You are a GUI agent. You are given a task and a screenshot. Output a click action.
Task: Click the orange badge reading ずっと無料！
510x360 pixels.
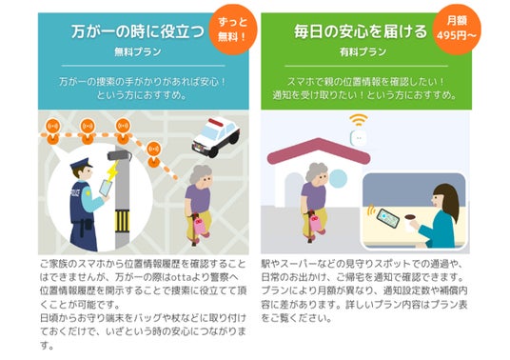pos(232,30)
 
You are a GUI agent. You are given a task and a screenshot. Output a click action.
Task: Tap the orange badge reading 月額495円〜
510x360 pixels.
pos(457,30)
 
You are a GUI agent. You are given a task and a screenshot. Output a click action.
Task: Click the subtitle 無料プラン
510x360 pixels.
pos(138,52)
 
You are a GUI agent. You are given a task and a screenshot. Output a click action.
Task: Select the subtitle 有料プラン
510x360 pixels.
pos(363,52)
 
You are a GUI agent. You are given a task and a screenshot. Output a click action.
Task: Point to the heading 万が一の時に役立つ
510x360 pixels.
pos(138,31)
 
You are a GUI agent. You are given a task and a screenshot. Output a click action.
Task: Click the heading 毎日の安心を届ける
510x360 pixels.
pos(361,31)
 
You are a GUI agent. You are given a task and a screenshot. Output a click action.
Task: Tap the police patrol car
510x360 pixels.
pos(216,137)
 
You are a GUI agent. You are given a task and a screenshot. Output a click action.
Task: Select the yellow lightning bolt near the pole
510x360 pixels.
pos(112,171)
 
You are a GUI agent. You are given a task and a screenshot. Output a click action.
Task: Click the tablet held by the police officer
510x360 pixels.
pos(105,189)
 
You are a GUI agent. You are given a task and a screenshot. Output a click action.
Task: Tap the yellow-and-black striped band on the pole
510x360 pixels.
pos(123,222)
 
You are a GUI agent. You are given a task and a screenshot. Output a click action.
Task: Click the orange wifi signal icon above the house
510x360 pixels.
pos(359,120)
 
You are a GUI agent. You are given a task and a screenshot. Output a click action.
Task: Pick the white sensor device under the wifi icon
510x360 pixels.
pos(358,138)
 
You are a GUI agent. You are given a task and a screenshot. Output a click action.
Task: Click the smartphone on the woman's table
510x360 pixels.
pos(387,218)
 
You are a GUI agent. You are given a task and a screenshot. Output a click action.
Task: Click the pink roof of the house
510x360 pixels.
pos(319,150)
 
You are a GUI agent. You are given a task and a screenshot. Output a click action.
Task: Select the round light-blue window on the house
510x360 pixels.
pos(338,179)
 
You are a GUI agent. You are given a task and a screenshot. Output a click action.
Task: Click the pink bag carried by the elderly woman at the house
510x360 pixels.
pos(316,222)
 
